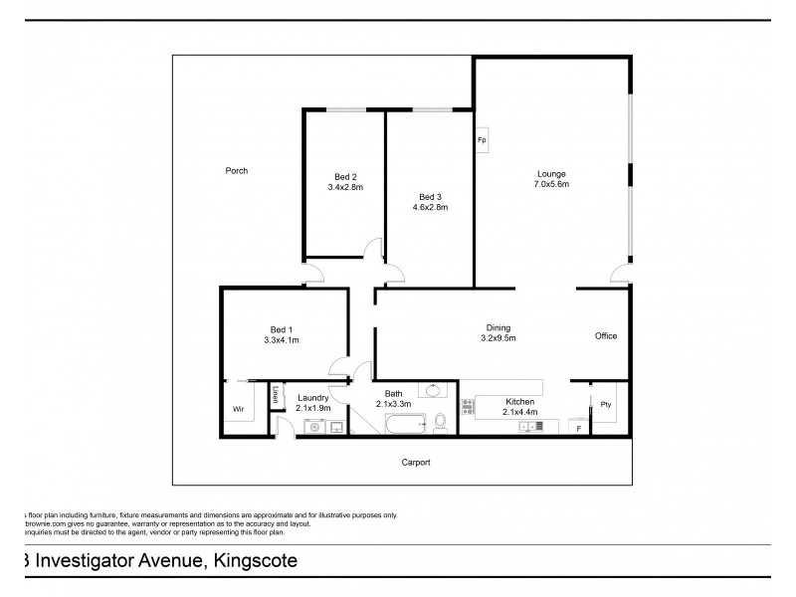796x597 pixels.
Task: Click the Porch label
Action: coord(236,171)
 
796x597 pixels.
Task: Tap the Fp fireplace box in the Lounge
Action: coord(482,139)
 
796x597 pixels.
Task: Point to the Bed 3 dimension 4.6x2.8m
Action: coord(430,207)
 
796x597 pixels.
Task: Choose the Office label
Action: coord(605,336)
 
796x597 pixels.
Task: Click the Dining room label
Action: coord(497,327)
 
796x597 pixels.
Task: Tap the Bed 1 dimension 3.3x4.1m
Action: coord(281,340)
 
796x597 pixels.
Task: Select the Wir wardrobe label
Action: coord(238,409)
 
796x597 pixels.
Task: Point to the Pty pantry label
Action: coord(605,404)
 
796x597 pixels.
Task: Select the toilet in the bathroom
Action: coord(440,425)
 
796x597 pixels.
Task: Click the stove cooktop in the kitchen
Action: coord(468,406)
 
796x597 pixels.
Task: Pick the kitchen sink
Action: coord(530,426)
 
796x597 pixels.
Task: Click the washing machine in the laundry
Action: coord(311,427)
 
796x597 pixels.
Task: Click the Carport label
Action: coord(416,463)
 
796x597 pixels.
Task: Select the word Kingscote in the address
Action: coord(253,561)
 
